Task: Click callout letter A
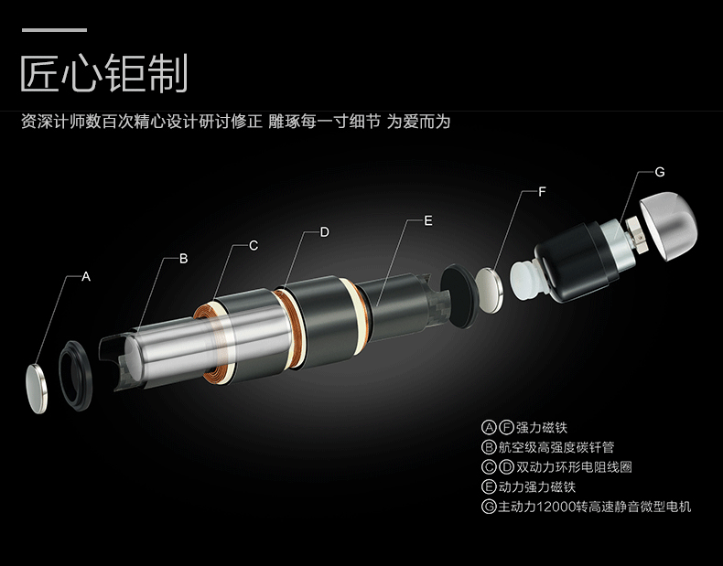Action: point(86,277)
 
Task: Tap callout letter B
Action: point(184,259)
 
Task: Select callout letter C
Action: point(254,246)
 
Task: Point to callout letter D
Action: point(325,232)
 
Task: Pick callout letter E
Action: point(428,221)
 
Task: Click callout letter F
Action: point(542,192)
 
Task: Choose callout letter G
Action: point(660,172)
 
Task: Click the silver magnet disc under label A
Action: point(37,389)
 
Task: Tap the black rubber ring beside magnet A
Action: point(75,376)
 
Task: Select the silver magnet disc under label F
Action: point(490,291)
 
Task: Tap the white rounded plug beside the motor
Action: point(525,280)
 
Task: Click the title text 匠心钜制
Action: point(104,73)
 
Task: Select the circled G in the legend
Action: point(489,507)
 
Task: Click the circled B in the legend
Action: point(489,447)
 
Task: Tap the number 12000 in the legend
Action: point(556,507)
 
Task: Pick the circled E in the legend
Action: point(489,486)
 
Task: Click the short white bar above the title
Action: point(54,30)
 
